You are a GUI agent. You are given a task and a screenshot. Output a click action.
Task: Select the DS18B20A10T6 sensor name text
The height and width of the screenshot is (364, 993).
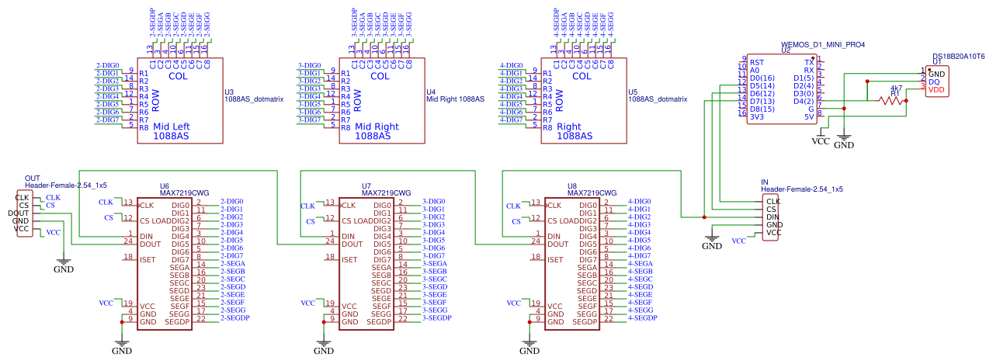click(x=958, y=57)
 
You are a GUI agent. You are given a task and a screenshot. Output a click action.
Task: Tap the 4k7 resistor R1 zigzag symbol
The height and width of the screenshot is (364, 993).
click(x=893, y=100)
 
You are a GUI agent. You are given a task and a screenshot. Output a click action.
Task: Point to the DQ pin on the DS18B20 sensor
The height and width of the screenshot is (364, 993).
click(x=935, y=81)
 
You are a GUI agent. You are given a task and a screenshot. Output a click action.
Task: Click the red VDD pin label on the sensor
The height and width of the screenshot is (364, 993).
click(x=936, y=89)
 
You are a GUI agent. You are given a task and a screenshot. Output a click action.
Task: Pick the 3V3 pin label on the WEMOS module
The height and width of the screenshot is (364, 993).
click(x=758, y=116)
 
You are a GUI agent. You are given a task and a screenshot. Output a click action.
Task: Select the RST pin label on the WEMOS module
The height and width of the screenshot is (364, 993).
click(x=757, y=62)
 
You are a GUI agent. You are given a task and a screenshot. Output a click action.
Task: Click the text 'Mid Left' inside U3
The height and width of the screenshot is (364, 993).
click(x=172, y=127)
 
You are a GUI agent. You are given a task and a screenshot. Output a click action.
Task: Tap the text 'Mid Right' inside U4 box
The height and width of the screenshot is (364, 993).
click(x=377, y=127)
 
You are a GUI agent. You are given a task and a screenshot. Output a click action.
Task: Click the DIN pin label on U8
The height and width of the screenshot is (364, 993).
click(x=554, y=236)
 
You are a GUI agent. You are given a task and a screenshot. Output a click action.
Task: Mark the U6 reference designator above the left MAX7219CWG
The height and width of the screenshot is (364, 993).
click(x=165, y=186)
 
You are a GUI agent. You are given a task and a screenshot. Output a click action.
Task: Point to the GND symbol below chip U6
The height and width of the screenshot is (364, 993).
click(x=121, y=346)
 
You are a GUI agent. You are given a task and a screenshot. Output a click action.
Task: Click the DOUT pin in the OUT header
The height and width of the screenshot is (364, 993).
click(x=19, y=213)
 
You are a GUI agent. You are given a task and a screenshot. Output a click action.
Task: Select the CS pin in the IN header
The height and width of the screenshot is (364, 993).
click(x=771, y=209)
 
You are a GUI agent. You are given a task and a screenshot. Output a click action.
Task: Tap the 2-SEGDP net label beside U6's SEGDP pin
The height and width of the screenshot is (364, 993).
click(x=235, y=318)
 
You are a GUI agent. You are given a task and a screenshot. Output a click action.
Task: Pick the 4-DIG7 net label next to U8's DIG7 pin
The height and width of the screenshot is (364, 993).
click(x=639, y=255)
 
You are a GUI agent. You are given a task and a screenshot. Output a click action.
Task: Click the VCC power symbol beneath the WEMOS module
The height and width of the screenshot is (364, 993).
click(x=821, y=140)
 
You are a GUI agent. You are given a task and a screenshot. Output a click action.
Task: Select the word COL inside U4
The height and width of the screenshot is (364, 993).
click(x=380, y=76)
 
